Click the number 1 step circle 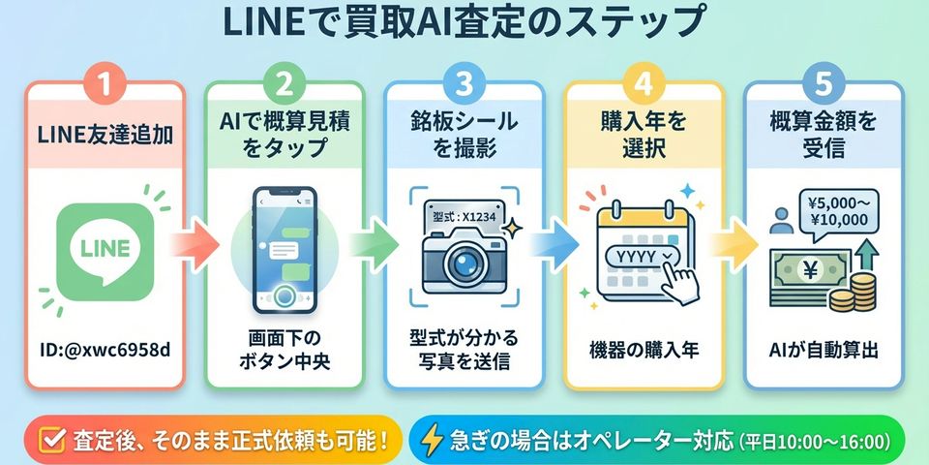(105, 84)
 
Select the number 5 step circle (824, 84)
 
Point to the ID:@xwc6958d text (105, 349)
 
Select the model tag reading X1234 (464, 218)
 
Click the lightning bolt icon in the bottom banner (431, 440)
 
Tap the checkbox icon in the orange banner (53, 440)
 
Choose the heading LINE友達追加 (105, 136)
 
